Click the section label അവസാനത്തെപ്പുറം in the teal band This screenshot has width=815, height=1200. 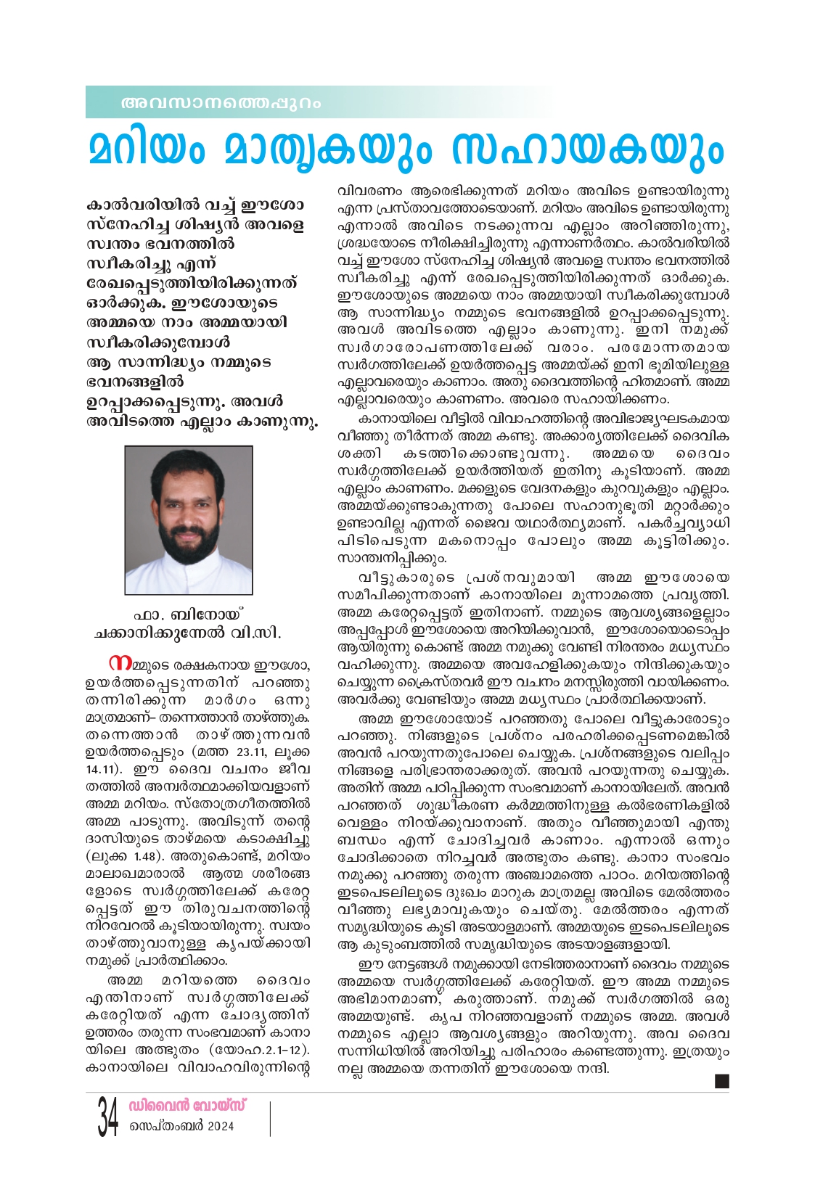[221, 103]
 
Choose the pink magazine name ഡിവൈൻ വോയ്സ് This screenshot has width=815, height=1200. [187, 1106]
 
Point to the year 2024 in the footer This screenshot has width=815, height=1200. [220, 1127]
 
